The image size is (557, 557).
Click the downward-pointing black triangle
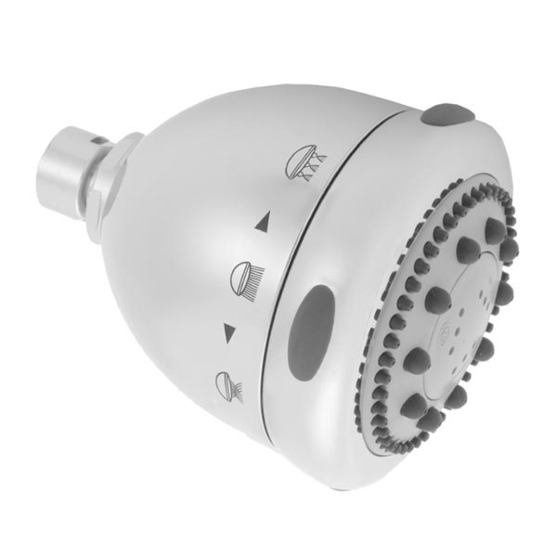coord(228,330)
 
